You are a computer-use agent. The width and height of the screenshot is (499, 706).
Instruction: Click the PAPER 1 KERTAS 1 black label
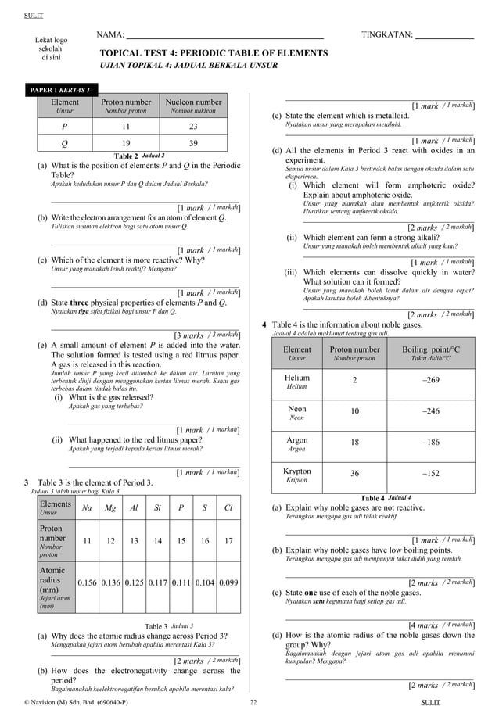click(61, 89)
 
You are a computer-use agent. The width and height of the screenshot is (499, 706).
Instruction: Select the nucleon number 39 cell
click(193, 143)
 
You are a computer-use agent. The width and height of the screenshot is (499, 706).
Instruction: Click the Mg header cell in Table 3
click(110, 508)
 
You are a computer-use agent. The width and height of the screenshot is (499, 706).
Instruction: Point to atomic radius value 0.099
click(228, 582)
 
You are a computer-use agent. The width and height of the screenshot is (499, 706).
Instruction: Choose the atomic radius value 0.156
click(88, 582)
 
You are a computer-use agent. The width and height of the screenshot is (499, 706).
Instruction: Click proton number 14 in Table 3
click(157, 540)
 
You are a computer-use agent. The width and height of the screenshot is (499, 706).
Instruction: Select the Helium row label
click(297, 381)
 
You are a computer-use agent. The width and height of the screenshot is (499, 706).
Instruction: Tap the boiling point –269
click(430, 380)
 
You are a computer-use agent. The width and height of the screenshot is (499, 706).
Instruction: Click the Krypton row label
click(297, 475)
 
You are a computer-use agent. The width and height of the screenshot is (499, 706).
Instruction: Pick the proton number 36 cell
click(354, 474)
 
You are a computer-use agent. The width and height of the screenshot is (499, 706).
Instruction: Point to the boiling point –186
click(430, 443)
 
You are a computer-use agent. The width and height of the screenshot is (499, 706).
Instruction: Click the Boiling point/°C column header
click(430, 353)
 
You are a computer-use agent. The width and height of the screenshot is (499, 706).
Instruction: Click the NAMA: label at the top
click(110, 35)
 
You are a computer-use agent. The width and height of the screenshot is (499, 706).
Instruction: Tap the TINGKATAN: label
click(386, 35)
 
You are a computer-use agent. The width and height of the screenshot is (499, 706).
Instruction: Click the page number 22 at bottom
click(253, 701)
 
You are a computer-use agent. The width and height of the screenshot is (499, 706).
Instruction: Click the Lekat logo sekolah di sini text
click(52, 48)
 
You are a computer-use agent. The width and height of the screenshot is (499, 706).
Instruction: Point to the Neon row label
click(297, 412)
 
